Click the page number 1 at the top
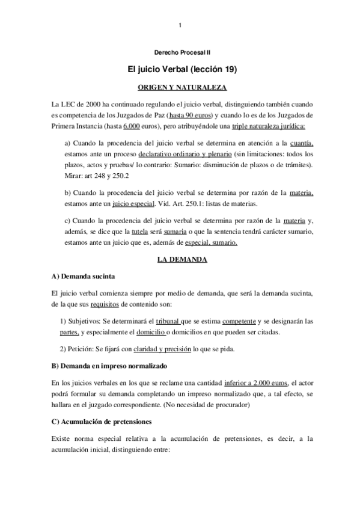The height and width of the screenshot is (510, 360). [180, 25]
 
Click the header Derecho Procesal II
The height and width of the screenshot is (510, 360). [180, 54]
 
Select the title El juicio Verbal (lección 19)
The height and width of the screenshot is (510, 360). [180, 70]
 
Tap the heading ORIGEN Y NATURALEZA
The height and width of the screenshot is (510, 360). [180, 87]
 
